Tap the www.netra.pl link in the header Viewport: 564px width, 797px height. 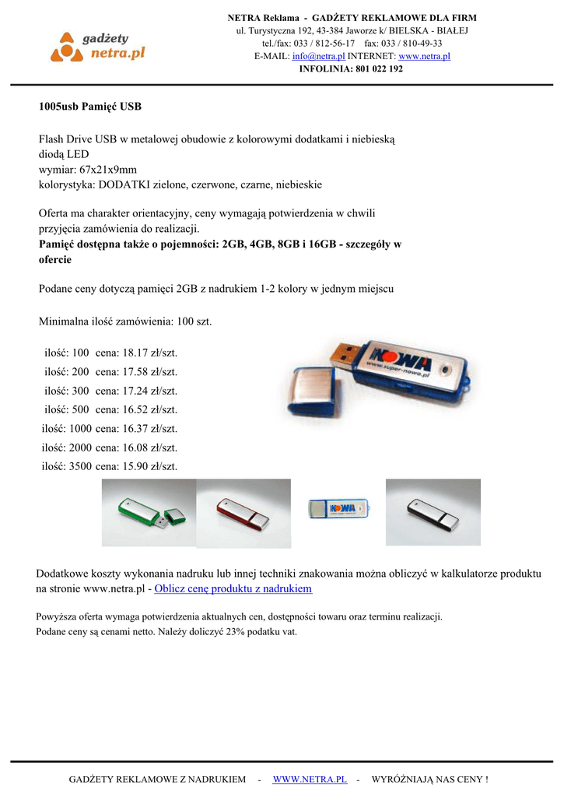click(424, 56)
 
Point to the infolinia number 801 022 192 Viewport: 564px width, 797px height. click(378, 68)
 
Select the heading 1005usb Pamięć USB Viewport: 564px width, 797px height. click(90, 105)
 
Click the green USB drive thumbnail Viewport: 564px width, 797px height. click(149, 514)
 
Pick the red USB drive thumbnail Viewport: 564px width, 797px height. click(243, 514)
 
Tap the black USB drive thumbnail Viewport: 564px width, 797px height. click(433, 513)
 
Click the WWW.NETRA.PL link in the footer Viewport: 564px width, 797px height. click(310, 779)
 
